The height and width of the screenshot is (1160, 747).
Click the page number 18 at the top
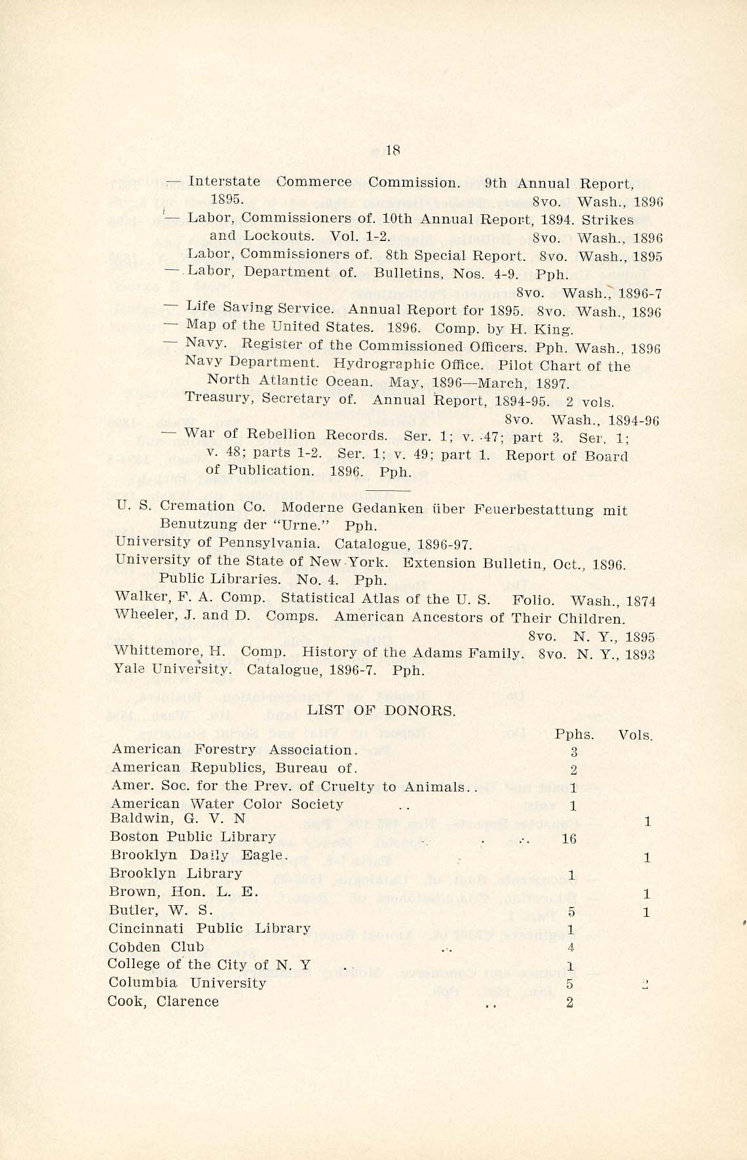pos(393,150)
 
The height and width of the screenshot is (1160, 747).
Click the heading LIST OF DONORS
pos(381,710)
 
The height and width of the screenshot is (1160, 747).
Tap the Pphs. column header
pos(574,735)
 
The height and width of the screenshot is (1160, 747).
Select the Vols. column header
pos(636,735)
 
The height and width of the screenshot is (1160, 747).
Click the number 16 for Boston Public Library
pos(569,838)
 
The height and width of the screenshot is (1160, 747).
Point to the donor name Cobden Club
pos(156,947)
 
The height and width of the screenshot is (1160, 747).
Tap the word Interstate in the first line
pos(224,182)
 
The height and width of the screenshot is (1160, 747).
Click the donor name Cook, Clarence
pos(164,1001)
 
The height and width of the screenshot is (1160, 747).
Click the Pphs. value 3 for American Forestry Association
pos(574,753)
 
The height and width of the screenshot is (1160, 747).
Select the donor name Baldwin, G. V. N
pos(178,819)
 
